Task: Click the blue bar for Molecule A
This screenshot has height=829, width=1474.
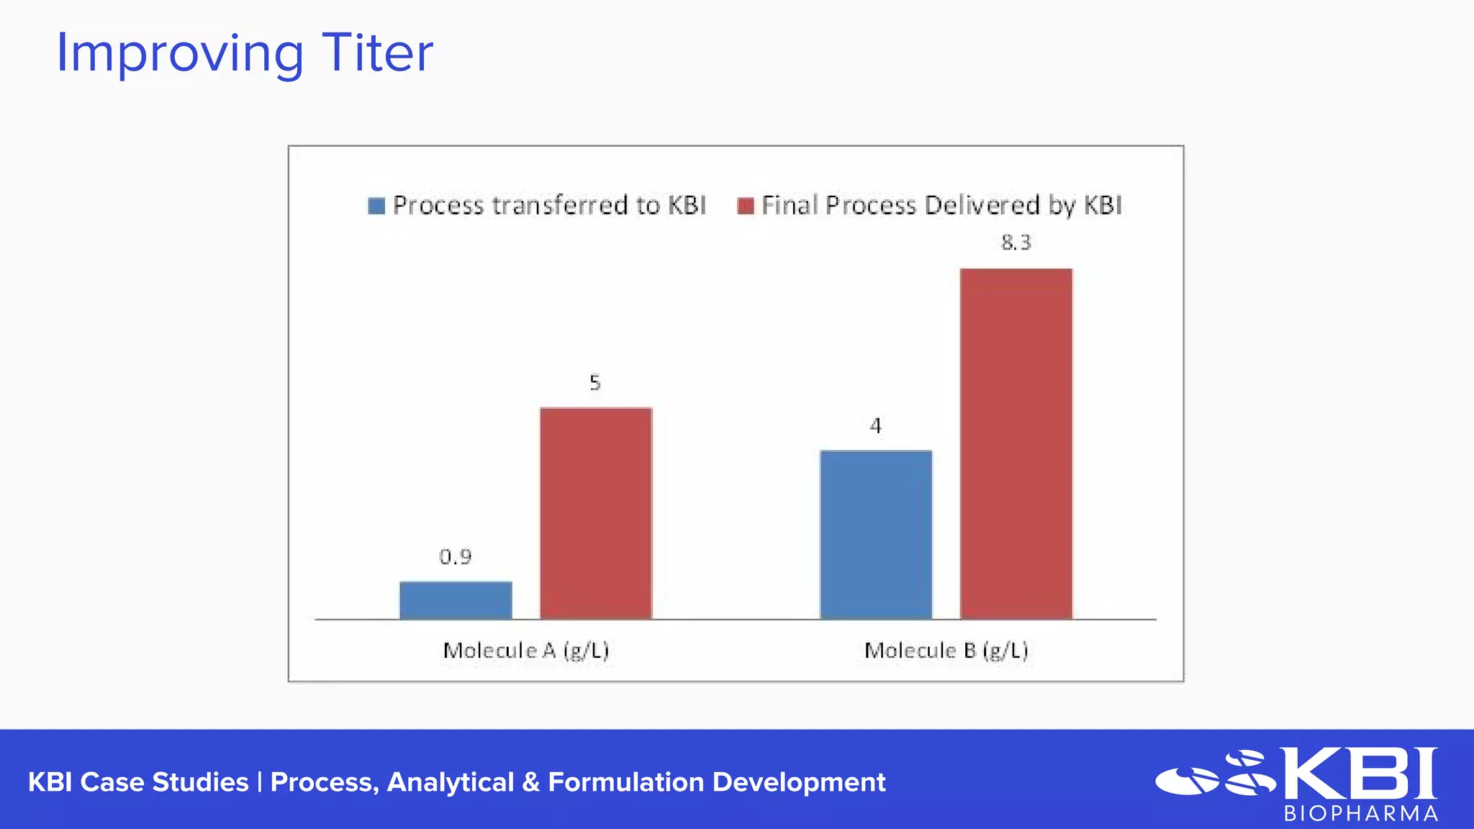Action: pos(456,600)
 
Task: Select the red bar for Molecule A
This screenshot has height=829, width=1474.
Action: pos(596,513)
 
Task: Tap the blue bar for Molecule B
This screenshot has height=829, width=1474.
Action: pos(876,535)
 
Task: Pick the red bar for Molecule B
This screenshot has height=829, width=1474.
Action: pos(1016,443)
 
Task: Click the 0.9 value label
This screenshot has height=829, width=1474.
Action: pos(456,557)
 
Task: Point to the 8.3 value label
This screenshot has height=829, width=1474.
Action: pos(1016,243)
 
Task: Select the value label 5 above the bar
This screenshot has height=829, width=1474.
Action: pos(595,383)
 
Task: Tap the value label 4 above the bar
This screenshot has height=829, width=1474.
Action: pos(875,426)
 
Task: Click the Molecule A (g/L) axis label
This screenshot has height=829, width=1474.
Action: pos(526,651)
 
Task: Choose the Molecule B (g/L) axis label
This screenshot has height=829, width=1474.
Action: pos(946,651)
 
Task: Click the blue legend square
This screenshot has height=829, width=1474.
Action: pos(376,206)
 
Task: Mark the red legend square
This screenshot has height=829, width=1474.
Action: pos(746,206)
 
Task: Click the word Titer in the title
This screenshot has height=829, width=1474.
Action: pos(377,53)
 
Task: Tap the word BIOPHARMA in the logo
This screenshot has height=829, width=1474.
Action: pos(1361,814)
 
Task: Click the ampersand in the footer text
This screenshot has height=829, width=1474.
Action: pos(531,782)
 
